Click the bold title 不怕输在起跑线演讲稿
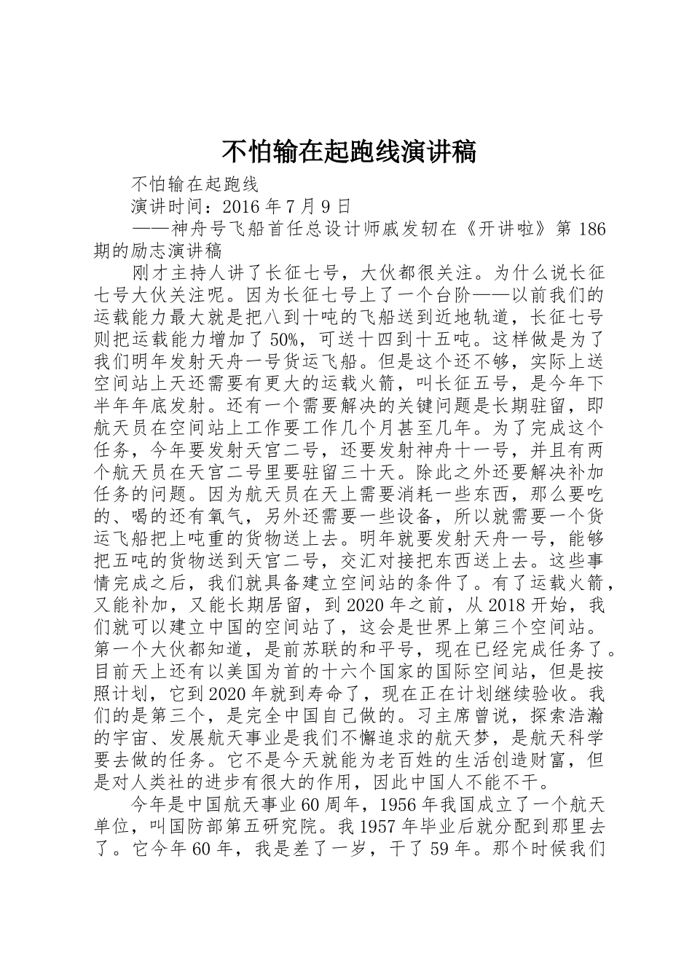(x=348, y=152)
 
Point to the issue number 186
(x=590, y=229)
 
